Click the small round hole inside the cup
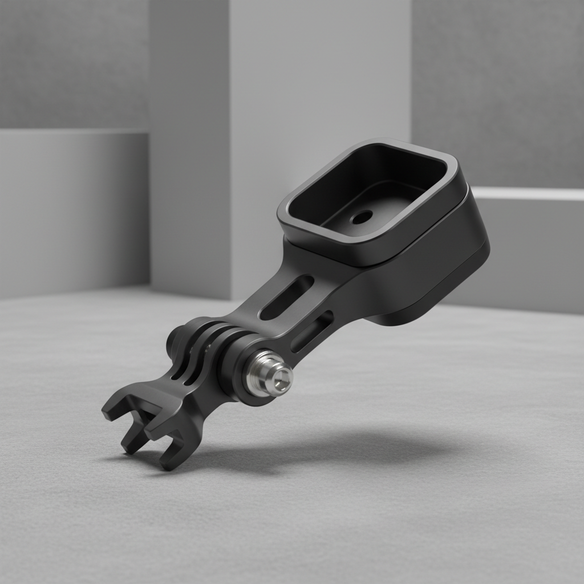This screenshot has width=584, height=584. tap(362, 217)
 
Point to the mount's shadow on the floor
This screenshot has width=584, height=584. tap(342, 451)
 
